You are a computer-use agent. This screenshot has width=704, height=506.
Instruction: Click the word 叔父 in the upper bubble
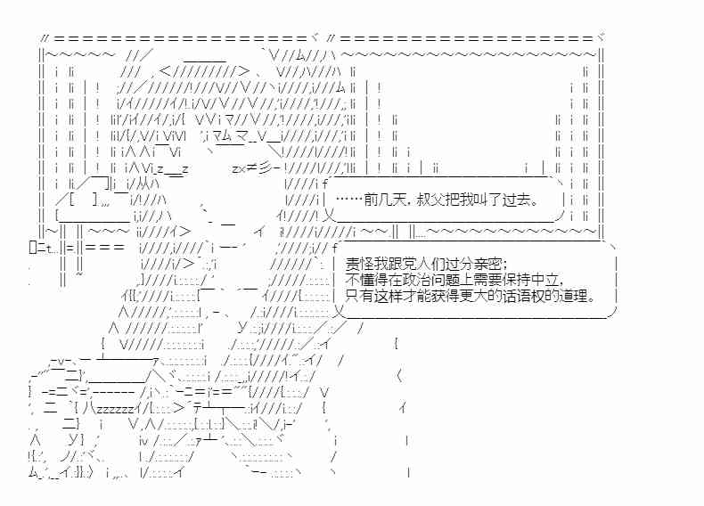[x=430, y=200]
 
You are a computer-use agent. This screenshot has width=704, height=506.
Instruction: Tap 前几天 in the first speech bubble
[x=385, y=200]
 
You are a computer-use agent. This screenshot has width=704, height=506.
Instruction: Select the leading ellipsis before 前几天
[x=349, y=200]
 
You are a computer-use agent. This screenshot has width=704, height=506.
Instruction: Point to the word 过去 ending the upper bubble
[x=516, y=200]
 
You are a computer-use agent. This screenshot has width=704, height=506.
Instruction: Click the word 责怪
[x=360, y=264]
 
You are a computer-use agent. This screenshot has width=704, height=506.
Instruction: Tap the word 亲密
[x=487, y=264]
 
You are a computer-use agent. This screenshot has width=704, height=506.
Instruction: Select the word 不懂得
[x=367, y=280]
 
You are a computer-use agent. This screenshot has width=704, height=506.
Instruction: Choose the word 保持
[x=516, y=280]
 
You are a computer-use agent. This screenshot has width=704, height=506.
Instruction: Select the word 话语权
[x=523, y=297]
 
